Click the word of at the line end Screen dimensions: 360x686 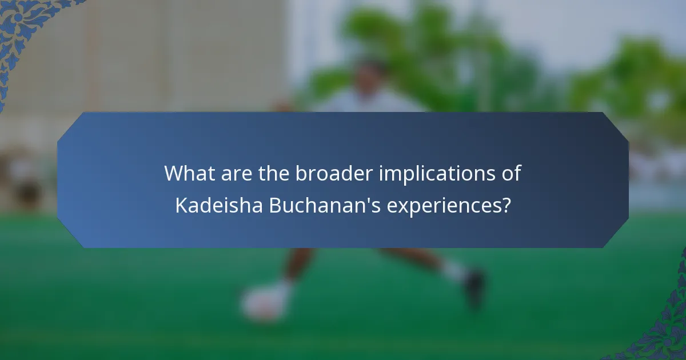click(x=510, y=173)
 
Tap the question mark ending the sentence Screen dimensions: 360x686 click(x=506, y=205)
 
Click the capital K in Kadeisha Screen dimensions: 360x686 click(x=181, y=205)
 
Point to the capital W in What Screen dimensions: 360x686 click(x=174, y=173)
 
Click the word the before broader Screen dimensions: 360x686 click(x=274, y=173)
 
